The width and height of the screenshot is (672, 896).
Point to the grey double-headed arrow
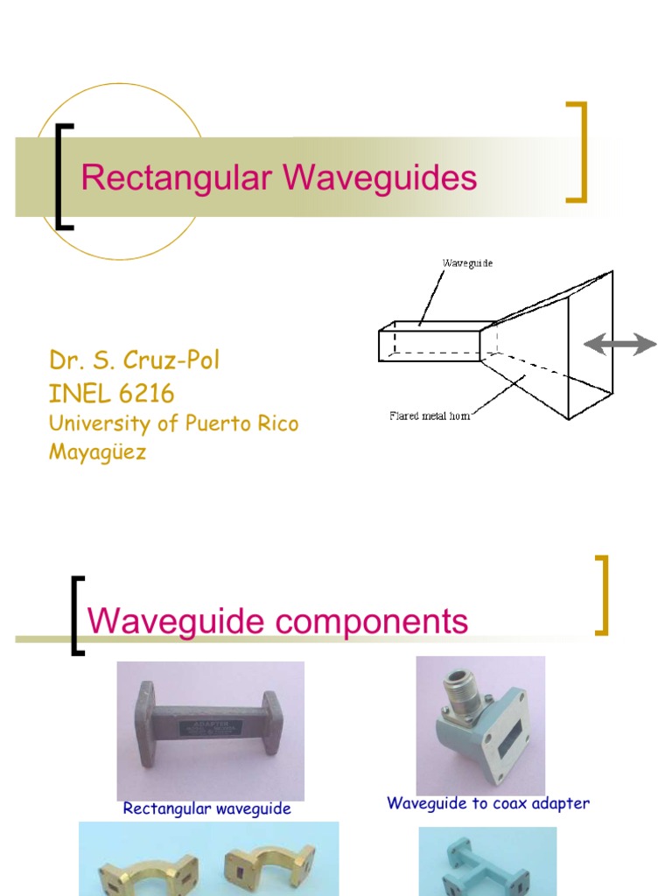tap(620, 345)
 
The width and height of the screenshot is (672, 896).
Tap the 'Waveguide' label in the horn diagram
tap(467, 262)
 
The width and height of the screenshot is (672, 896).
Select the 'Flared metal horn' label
tap(430, 416)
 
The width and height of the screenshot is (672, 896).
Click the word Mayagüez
tap(98, 453)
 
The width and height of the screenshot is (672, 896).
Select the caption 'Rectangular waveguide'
tap(206, 809)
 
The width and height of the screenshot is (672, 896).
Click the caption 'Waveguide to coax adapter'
tap(488, 803)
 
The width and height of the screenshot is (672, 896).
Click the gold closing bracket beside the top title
tap(577, 151)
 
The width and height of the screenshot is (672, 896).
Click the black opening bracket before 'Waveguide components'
tap(77, 615)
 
